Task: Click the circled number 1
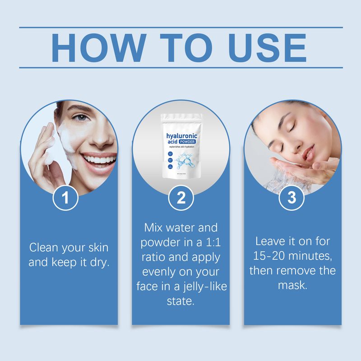click(x=66, y=198)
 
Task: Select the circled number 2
click(x=181, y=198)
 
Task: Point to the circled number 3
click(x=292, y=198)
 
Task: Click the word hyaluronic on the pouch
click(x=182, y=136)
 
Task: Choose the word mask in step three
click(x=292, y=285)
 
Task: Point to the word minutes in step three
click(x=312, y=256)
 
